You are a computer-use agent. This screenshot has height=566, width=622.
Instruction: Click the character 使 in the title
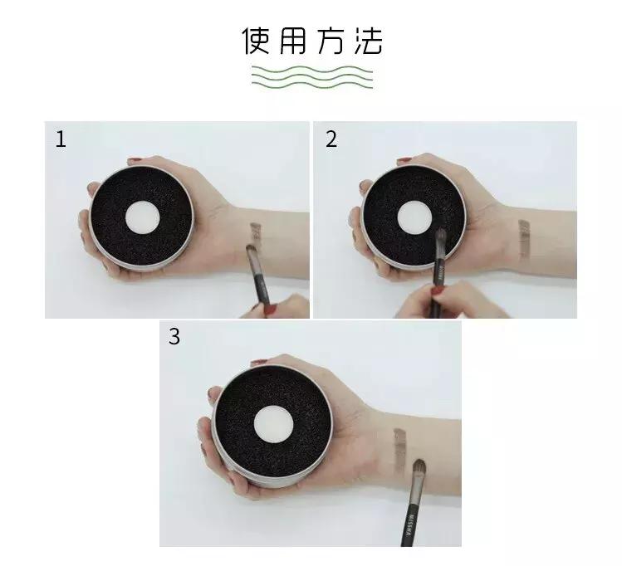(x=257, y=41)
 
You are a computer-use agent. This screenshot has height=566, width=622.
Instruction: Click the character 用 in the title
(x=293, y=41)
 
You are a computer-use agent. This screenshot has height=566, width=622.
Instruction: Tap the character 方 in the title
(x=330, y=41)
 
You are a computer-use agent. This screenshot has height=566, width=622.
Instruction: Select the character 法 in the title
(x=366, y=41)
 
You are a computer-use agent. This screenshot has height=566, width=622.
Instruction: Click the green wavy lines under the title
(x=311, y=76)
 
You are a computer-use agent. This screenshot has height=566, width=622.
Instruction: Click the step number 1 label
(x=60, y=139)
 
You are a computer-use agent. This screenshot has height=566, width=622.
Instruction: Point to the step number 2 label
(x=331, y=139)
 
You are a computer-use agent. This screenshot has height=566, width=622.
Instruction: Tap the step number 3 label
(x=174, y=337)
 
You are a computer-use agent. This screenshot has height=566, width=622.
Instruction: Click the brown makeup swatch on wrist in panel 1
(x=256, y=233)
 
